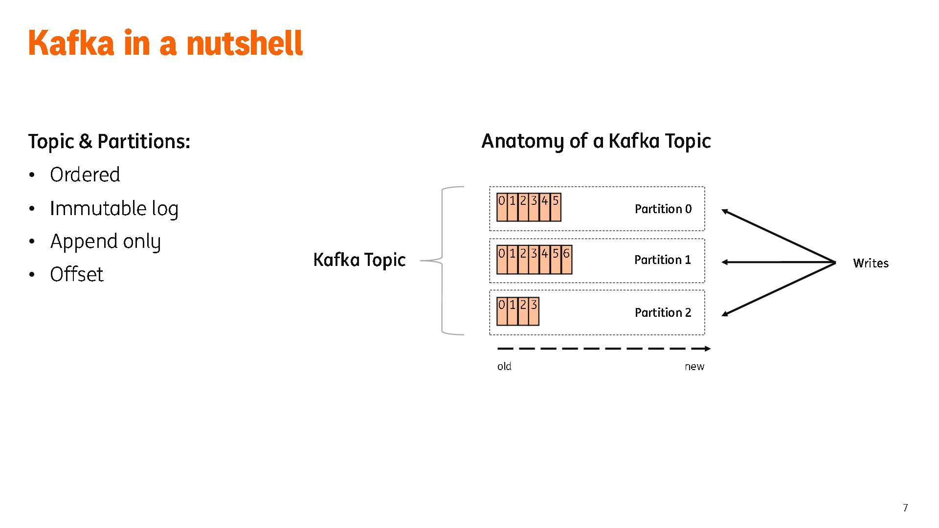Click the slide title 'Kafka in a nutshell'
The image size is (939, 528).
coord(165,43)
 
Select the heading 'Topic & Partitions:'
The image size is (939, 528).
coord(109,141)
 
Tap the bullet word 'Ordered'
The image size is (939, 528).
coord(85,175)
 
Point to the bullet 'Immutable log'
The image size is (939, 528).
coord(114,208)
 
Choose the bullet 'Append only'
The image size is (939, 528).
coord(105,242)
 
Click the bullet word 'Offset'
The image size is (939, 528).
coord(77,275)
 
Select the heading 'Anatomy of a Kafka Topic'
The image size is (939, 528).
coord(596,141)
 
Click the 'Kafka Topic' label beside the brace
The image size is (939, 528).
coord(359,260)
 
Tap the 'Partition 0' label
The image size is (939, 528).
coord(663,209)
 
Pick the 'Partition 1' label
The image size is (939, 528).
coord(663,260)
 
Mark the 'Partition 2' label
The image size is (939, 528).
coord(663,312)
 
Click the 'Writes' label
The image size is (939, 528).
coord(871,263)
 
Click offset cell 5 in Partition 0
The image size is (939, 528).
coord(556,208)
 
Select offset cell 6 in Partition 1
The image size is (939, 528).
coord(566,260)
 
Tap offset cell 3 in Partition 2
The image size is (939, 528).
coord(534,311)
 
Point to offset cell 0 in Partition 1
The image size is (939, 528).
coord(502,260)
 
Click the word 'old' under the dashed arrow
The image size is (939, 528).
coord(504,367)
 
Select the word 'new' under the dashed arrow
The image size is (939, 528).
coord(694,367)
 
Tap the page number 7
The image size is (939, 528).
coord(905,508)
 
